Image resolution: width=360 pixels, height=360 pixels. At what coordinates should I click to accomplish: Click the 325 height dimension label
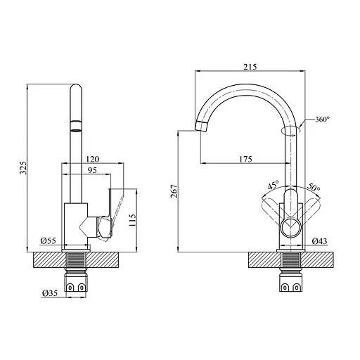[21, 169]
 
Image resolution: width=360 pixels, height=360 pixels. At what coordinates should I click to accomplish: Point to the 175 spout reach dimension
[245, 159]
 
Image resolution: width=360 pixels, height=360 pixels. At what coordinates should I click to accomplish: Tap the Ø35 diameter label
[49, 292]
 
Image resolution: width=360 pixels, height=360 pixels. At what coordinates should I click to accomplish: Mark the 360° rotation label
[323, 120]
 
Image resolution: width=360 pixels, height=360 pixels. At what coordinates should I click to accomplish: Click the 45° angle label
[272, 186]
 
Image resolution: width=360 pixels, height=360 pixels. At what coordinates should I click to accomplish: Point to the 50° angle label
[314, 188]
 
